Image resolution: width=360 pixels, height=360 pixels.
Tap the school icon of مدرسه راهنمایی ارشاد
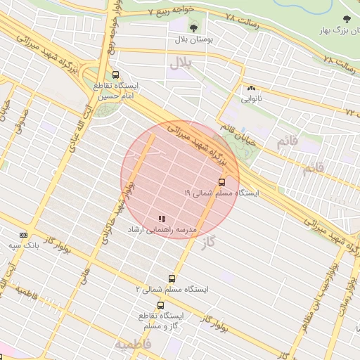162,219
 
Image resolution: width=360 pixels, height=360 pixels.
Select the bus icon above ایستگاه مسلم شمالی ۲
172,278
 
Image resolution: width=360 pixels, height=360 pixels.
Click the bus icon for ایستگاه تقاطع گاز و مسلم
161,306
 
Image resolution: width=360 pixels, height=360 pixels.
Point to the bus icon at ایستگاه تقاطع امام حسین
115,75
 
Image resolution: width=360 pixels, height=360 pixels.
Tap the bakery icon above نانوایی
250,89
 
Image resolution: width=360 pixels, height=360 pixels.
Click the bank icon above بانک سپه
24,235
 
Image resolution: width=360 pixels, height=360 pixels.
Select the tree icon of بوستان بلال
193,28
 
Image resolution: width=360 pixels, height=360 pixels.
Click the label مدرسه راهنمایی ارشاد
162,231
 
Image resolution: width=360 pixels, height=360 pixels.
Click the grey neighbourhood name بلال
180,65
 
